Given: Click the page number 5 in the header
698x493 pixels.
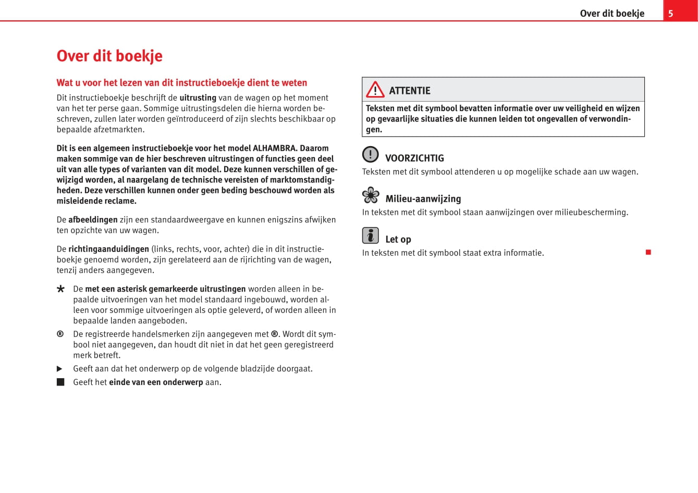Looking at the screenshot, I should click(x=671, y=14).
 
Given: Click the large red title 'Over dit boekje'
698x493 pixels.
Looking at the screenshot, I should click(x=109, y=56).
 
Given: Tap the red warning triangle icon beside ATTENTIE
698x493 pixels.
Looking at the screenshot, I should click(x=375, y=90).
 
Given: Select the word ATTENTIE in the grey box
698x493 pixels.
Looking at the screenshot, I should click(x=410, y=91).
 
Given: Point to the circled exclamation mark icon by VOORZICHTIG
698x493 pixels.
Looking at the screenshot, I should click(x=370, y=154).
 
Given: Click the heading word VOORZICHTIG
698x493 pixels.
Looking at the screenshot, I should click(x=414, y=158).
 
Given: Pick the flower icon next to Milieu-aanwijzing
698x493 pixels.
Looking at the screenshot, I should click(x=371, y=195).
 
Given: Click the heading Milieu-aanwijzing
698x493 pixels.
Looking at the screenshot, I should click(x=423, y=199).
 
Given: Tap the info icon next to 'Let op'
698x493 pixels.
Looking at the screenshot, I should click(x=370, y=236).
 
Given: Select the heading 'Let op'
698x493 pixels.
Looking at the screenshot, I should click(x=398, y=239).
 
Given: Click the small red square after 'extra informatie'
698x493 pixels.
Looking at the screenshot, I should click(x=648, y=252).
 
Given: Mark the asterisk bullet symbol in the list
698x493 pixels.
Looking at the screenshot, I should click(x=60, y=289).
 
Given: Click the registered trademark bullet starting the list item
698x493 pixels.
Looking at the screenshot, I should click(x=60, y=334).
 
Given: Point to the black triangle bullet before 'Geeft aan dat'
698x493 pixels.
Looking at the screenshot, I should click(x=60, y=369).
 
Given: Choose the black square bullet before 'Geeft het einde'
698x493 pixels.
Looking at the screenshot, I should click(x=60, y=382).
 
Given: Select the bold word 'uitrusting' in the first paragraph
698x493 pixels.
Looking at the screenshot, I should click(x=198, y=98).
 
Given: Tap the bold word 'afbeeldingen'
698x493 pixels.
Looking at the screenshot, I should click(x=93, y=220).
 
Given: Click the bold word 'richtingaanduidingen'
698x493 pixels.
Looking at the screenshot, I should click(x=108, y=249).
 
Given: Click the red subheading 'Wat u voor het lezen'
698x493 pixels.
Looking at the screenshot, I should click(x=181, y=82).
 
